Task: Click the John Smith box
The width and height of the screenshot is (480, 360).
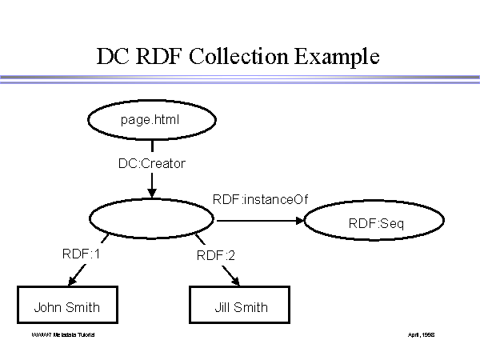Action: [67, 306]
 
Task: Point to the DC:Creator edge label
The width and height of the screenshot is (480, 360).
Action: [151, 164]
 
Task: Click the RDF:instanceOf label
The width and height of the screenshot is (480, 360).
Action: [260, 198]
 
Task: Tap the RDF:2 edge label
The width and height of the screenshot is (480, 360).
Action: [214, 256]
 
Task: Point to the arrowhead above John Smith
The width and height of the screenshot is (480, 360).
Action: [73, 281]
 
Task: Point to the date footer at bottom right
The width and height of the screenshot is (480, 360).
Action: [422, 333]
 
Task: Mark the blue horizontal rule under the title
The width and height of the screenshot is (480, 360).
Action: [240, 79]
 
